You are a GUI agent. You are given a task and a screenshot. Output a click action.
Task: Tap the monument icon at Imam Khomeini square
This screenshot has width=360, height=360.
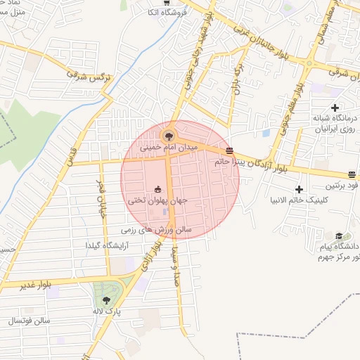pyautogui.click(x=168, y=134)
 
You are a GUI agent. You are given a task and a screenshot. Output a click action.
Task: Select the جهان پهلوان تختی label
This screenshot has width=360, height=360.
pyautogui.click(x=157, y=201)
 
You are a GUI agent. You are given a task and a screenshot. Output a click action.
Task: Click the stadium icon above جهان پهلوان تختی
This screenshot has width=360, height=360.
pyautogui.click(x=158, y=188)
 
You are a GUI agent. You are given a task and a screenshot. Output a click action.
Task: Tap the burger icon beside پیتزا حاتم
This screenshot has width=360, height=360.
pyautogui.click(x=230, y=150)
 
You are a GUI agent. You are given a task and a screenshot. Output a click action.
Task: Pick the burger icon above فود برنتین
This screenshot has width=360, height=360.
pyautogui.click(x=352, y=174)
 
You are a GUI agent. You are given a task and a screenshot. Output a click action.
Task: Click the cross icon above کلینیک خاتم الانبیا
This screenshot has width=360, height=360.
pyautogui.click(x=300, y=189)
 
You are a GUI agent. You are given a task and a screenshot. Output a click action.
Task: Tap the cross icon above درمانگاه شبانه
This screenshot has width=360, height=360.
pyautogui.click(x=335, y=107)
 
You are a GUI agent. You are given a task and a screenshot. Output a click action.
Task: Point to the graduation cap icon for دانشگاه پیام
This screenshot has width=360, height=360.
pyautogui.click(x=339, y=236)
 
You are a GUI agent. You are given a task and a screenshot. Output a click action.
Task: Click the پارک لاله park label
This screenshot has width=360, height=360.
pyautogui.click(x=107, y=310)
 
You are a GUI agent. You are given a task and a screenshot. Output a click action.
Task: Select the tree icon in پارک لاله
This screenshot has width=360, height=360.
pyautogui.click(x=107, y=300)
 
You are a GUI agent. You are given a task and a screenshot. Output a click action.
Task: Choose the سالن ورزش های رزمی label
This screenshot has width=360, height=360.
pyautogui.click(x=156, y=229)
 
